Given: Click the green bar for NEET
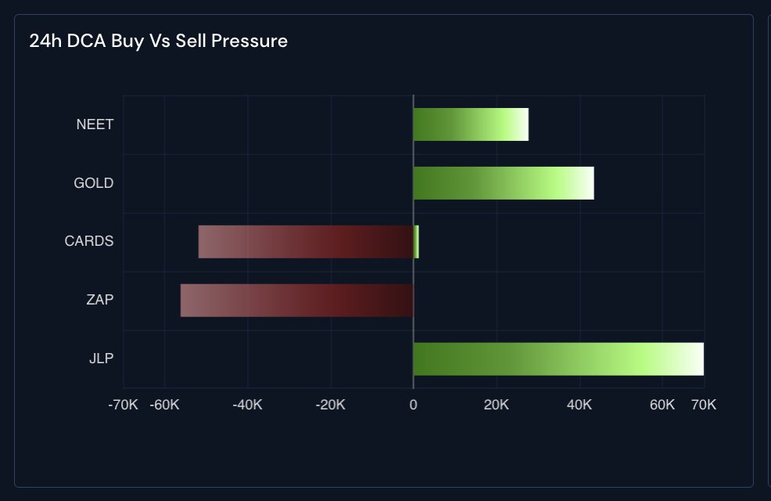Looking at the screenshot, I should [471, 124].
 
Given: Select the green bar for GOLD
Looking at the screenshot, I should [504, 183].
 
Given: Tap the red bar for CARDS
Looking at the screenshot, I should [306, 242].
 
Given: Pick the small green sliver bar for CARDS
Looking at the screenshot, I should [416, 242].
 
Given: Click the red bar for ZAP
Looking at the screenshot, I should [297, 301].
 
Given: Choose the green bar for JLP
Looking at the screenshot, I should [558, 359].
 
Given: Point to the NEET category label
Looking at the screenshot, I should [95, 124].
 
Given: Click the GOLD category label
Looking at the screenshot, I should [94, 183].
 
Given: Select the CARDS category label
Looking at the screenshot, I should [89, 241].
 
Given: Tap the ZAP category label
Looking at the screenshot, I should [100, 300].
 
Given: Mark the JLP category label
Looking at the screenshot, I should [101, 359].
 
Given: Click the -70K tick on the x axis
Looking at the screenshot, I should [123, 405].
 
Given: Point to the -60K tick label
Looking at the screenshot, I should [165, 405].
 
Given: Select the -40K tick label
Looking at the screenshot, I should [248, 405].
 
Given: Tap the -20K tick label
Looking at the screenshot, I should [331, 405].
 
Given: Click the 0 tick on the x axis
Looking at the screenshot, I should [414, 405].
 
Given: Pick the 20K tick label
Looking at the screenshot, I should [497, 405].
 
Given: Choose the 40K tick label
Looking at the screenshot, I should [579, 405].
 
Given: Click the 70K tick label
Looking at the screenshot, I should [703, 405].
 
